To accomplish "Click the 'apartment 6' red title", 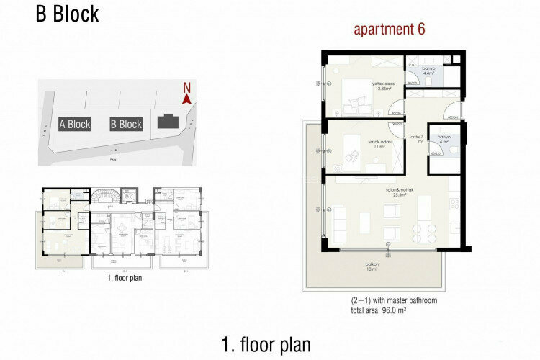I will coord(389,30).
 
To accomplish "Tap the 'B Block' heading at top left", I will coord(68,14).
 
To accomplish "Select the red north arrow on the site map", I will coord(186,101).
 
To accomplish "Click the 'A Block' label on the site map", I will coord(75,125).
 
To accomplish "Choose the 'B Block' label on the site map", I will coord(126,125).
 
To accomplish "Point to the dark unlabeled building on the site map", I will coord(170,123).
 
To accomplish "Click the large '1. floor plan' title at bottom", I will coord(266,344).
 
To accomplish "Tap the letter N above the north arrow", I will coord(186,89).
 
